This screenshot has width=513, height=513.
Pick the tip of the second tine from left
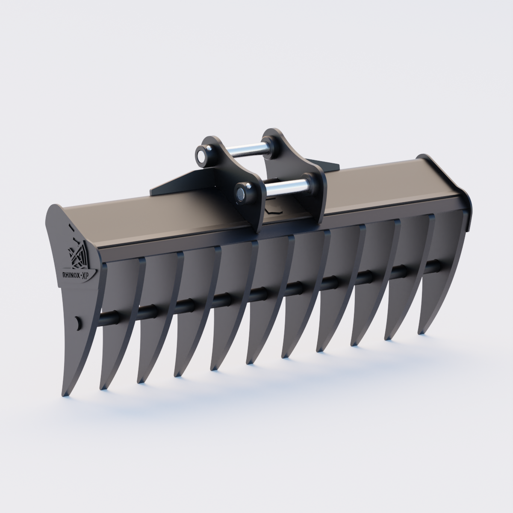coord(103,388)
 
